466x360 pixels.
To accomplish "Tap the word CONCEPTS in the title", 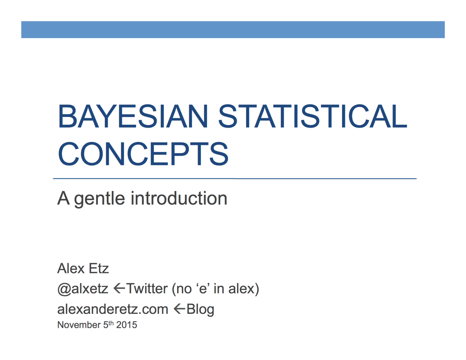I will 143,153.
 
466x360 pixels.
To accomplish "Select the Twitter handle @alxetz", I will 83,289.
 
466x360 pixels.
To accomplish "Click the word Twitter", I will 147,289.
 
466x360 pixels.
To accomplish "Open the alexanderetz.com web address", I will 113,309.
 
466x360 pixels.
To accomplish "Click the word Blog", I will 200,310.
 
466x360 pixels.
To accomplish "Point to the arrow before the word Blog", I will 179,309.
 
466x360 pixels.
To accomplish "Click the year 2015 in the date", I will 127,325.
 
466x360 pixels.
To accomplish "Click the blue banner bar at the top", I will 233,30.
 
